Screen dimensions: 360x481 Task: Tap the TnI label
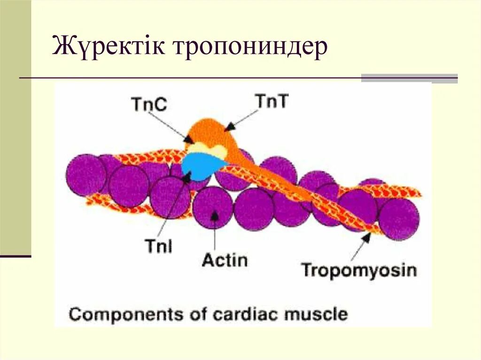click(158, 246)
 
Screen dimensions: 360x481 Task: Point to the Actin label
click(225, 259)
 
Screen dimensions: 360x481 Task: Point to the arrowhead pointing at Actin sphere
click(214, 215)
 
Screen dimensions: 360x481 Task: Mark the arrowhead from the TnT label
click(229, 127)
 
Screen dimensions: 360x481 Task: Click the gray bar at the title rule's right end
click(409, 78)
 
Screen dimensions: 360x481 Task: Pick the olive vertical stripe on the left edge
click(16, 127)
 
